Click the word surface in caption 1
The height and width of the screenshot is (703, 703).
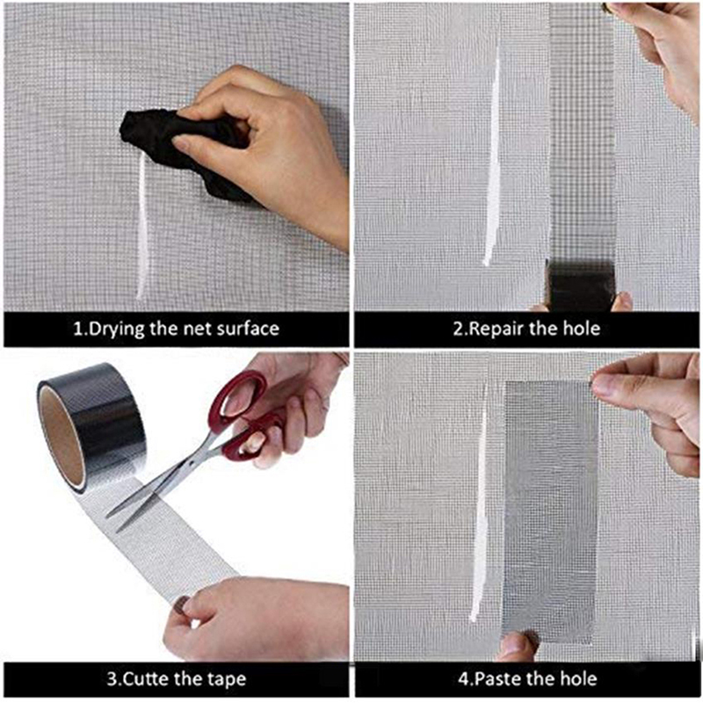tap(248, 329)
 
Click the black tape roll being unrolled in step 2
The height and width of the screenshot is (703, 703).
tap(580, 286)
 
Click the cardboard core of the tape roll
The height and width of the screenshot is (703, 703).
tap(62, 438)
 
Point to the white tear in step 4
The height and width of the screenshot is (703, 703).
tap(480, 502)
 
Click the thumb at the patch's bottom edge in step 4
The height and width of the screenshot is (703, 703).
tap(517, 646)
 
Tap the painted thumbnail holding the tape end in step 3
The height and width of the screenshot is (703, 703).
tap(182, 605)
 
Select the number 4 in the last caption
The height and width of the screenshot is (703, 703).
tap(464, 678)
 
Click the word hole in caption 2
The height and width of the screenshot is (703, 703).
tap(581, 329)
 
